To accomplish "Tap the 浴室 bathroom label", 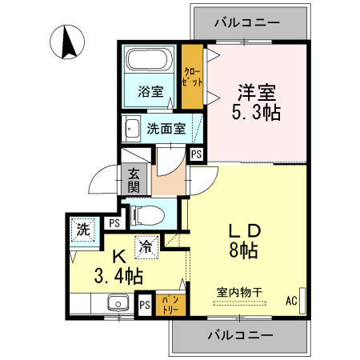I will pos(150,91).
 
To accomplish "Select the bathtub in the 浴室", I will pos(150,61).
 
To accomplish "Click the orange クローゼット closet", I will pos(191,78).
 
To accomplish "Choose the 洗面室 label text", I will pos(166,128).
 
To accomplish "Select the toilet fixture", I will pos(146,214).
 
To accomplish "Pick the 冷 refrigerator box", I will pos(146,247).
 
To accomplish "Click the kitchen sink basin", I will pos(118,303).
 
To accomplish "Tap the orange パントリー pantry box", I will pos(166,303).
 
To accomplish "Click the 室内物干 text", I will pos(240,291).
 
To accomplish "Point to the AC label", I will pos(291,302).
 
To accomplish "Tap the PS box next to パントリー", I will pos(145,305).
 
